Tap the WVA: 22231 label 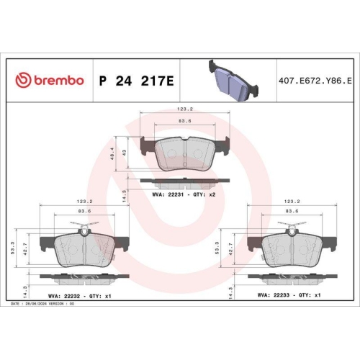[x=170, y=194]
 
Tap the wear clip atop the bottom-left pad [x=84, y=230]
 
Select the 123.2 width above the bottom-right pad [x=292, y=202]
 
